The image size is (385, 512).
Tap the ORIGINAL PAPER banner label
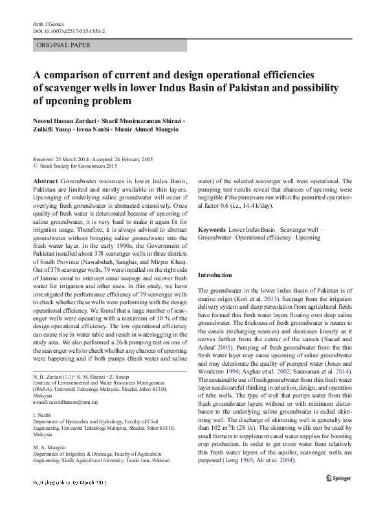[64, 45]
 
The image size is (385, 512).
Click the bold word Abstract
[45, 181]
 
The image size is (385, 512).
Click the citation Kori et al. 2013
[266, 300]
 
